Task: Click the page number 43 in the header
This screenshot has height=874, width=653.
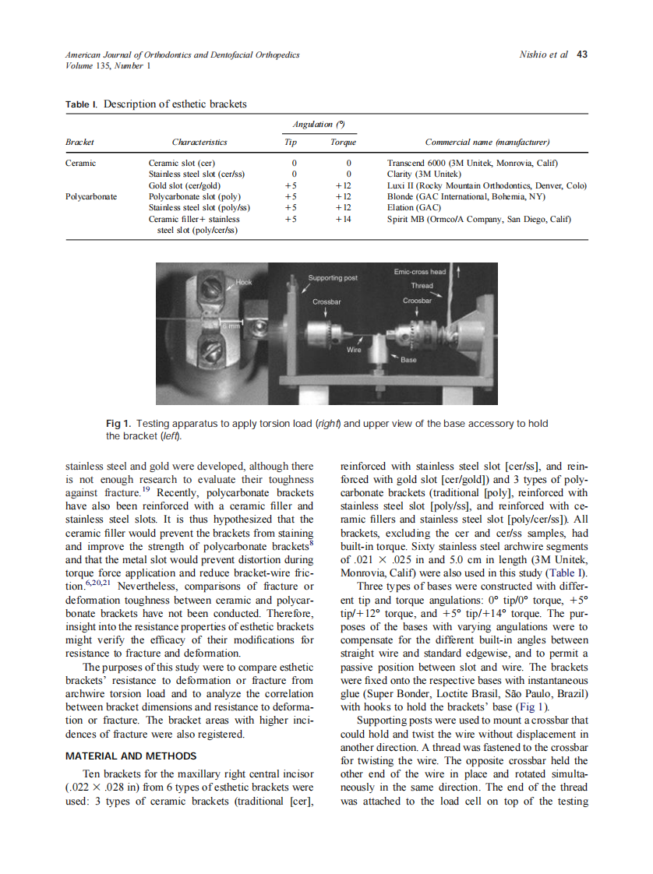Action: [581, 55]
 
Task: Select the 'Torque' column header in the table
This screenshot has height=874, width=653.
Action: [343, 143]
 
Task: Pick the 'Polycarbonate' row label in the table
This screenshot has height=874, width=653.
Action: [91, 197]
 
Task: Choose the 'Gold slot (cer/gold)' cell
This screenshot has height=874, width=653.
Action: [185, 186]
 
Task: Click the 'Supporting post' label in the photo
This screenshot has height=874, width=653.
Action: [333, 277]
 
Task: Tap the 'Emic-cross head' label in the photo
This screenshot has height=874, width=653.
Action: [420, 272]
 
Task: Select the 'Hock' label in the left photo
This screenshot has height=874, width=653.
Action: [245, 283]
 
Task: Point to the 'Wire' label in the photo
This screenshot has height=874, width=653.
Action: [354, 351]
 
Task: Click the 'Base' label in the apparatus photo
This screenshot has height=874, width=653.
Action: [408, 360]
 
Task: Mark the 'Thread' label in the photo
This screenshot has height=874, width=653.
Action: [422, 286]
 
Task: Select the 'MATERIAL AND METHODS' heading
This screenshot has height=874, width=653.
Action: [131, 756]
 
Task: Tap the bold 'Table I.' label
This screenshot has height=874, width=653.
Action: [82, 104]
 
